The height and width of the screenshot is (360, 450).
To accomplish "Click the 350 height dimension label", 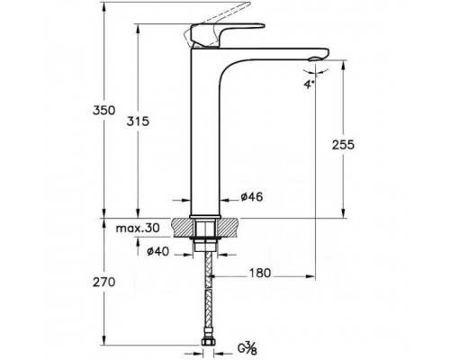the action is point(103,111).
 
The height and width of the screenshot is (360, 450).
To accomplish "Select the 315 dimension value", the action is point(138,121).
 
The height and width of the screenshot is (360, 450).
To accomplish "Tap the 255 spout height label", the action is point(343,145).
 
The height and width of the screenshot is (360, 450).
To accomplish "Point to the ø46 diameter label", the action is point(252,197).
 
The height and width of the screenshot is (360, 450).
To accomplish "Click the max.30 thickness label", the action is point(138,229).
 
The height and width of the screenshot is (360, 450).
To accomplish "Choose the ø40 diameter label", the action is point(157,251).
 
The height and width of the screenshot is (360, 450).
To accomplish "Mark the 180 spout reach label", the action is point(260,273).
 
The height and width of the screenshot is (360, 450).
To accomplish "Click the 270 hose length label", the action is point(103,283).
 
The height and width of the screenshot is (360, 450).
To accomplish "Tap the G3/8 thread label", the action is point(247,349).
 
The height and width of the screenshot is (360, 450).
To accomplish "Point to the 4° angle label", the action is point(310,85).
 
